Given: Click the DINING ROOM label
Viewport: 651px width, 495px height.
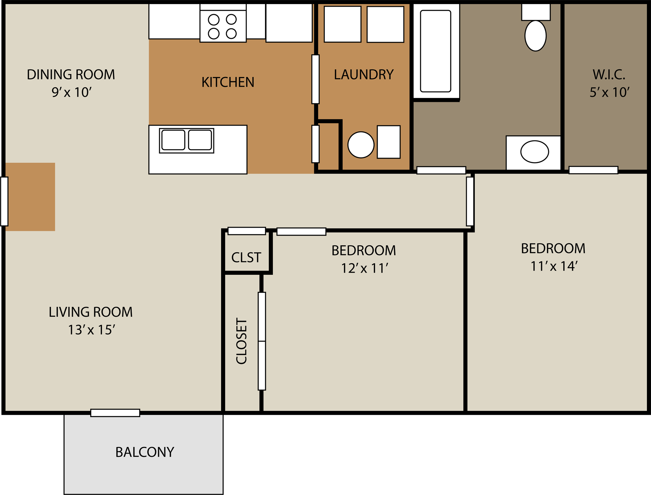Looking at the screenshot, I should [71, 75].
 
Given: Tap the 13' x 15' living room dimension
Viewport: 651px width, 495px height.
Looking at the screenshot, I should [91, 330].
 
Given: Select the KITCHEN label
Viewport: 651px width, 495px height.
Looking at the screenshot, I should [228, 82].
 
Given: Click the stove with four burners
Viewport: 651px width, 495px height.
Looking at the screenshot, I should [223, 26].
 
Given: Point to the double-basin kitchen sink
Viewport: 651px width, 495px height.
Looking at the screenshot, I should [186, 140].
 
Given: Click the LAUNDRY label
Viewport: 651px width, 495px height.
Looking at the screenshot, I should [364, 75].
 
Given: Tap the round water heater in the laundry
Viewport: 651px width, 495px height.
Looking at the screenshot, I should [361, 145].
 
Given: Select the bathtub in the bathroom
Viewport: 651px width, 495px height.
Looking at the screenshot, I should [435, 51].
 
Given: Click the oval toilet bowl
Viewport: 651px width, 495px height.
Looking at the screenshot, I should [535, 36].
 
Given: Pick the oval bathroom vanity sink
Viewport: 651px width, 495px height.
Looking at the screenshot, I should [535, 152].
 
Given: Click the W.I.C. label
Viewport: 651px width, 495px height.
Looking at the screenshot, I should [609, 75].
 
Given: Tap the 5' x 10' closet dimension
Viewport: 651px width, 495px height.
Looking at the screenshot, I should [609, 92].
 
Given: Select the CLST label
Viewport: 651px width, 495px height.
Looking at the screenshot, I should [246, 257].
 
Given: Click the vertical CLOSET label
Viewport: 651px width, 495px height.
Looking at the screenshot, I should [242, 341].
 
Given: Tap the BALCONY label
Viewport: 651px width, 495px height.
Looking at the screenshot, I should [145, 452].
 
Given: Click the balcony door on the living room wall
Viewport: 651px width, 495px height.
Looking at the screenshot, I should [115, 413].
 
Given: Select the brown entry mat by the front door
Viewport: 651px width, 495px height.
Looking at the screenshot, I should [30, 197].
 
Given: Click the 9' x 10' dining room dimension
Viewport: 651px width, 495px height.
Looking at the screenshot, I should [71, 92].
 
